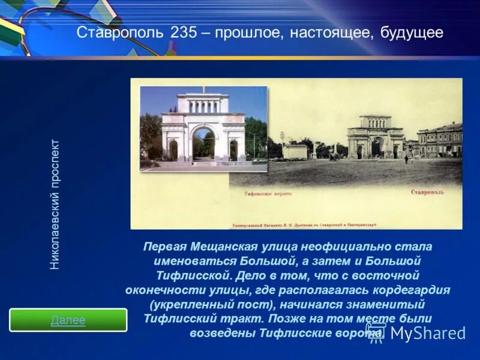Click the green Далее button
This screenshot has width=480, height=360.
click(x=68, y=320)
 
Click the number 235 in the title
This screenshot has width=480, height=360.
click(x=184, y=32)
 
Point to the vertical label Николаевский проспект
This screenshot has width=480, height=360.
click(x=55, y=204)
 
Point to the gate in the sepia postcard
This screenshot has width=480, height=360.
click(x=375, y=137)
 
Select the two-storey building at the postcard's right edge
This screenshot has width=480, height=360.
click(x=440, y=140)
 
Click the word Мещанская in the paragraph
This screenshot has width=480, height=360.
click(x=224, y=247)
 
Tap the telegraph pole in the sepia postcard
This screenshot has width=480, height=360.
click(x=282, y=144)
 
